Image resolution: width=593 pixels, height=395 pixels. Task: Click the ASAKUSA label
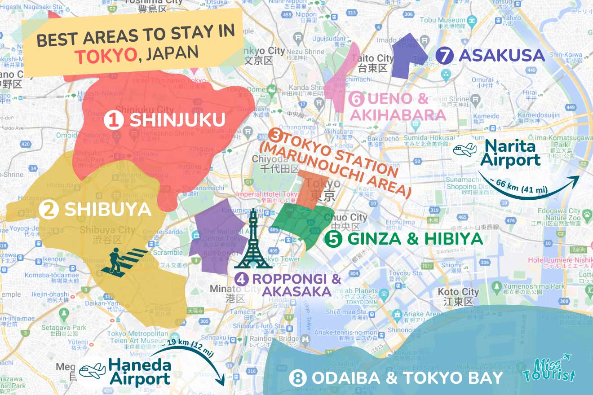pyautogui.click(x=502, y=56)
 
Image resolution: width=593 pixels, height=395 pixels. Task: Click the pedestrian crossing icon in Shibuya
pyautogui.click(x=124, y=261)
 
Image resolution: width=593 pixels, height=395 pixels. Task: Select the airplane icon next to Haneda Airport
pyautogui.click(x=92, y=371)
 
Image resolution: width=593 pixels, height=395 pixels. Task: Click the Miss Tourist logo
pyautogui.click(x=549, y=369)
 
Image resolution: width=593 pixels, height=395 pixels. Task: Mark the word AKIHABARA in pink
pyautogui.click(x=398, y=115)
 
